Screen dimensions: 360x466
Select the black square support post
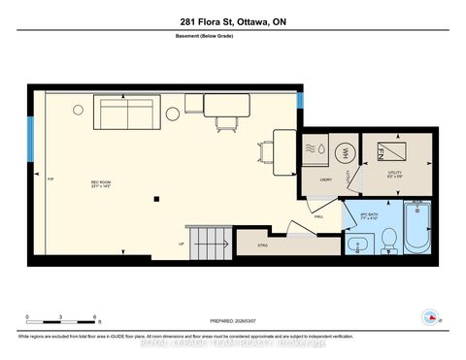[x=155, y=199]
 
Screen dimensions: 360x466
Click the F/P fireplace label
[x=50, y=180]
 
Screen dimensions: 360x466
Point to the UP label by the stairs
[x=182, y=243]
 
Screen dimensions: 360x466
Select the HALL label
[x=319, y=217]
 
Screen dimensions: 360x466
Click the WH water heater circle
[x=347, y=151]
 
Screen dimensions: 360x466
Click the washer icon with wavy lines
[x=318, y=151]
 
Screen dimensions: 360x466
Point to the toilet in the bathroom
[x=385, y=238]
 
